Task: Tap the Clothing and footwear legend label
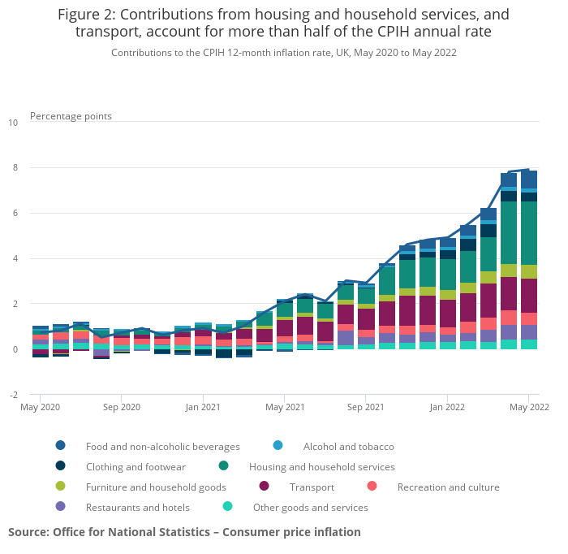136,467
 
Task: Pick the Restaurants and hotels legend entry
137,508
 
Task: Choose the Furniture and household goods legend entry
156,487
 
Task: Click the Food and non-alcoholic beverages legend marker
61,446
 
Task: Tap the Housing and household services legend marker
223,466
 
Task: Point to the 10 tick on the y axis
13,123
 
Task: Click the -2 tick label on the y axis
13,395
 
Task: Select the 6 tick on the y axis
15,214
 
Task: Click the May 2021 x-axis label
284,406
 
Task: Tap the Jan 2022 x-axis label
446,406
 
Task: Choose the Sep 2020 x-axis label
121,406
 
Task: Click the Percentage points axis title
71,116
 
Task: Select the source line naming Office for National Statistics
184,532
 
